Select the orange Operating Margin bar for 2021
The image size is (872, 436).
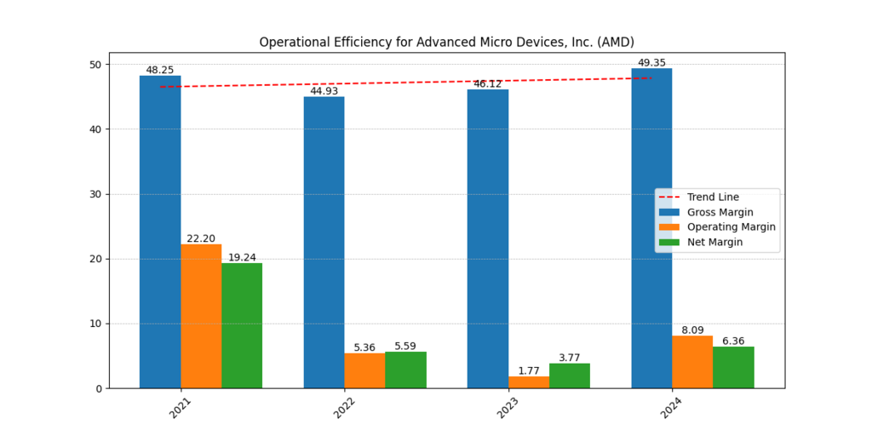tap(201, 316)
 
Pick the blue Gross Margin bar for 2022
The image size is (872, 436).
tap(324, 242)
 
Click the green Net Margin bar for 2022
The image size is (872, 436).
tap(406, 370)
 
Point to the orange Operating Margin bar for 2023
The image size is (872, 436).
tap(529, 382)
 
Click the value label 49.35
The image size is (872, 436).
tap(651, 62)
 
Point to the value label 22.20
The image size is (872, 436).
tap(201, 238)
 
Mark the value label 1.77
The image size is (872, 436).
tap(529, 370)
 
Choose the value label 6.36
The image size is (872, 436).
tap(733, 341)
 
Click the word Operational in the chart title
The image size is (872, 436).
tap(294, 42)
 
